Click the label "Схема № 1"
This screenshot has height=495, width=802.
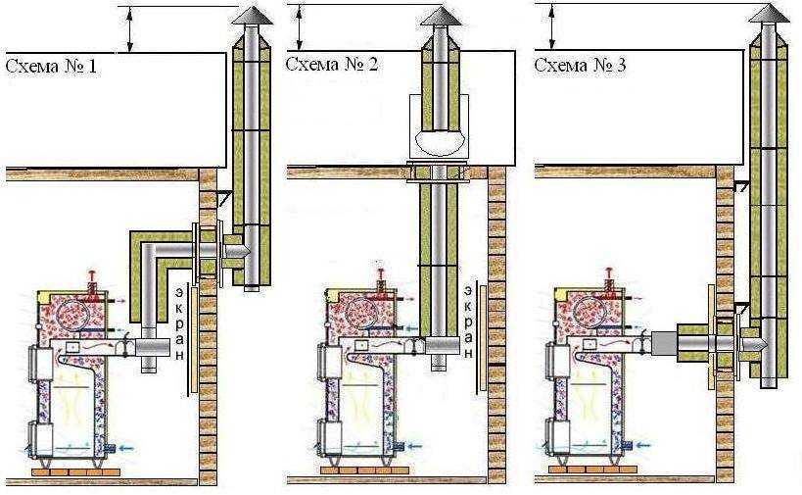click(51, 67)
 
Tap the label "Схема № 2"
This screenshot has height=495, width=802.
click(331, 65)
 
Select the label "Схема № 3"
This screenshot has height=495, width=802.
click(580, 65)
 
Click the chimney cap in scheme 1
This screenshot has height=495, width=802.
click(253, 16)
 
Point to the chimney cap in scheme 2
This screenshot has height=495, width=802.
click(441, 17)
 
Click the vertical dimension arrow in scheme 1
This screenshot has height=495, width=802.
click(130, 29)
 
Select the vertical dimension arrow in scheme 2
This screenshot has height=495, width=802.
click(300, 27)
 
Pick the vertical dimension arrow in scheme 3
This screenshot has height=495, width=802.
click(551, 26)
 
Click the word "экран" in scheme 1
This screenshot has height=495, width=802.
click(180, 323)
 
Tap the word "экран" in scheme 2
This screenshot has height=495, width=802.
click(468, 322)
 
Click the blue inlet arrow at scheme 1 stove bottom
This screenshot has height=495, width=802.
click(125, 448)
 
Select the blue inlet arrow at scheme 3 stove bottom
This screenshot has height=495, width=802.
click(643, 445)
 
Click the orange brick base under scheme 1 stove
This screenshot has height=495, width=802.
click(75, 471)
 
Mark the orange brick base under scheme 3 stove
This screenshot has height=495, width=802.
click(592, 469)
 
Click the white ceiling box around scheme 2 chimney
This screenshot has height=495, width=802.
click(438, 125)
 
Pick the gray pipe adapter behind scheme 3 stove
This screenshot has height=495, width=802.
click(664, 342)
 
